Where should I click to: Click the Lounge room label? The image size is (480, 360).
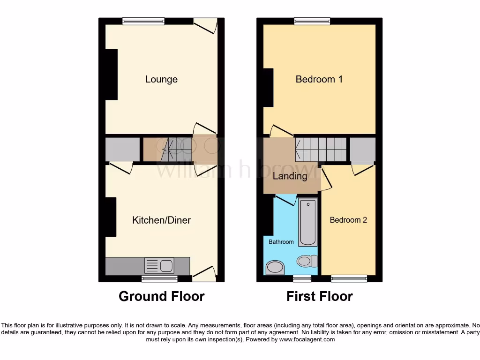point(161,79)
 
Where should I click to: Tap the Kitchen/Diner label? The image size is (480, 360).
point(161,220)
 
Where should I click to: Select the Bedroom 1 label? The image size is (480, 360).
point(319,79)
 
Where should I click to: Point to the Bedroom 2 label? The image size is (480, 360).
point(348,220)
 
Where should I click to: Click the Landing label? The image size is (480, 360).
point(290,176)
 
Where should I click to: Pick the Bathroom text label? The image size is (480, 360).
point(281,242)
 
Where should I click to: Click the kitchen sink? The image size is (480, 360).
point(159,266)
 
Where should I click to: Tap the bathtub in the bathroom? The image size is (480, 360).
point(308,222)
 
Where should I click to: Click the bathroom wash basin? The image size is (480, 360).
point(275,268)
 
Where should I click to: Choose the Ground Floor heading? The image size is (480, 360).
point(161,296)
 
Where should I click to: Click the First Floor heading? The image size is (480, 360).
point(319,296)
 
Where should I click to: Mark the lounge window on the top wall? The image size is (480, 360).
point(143,21)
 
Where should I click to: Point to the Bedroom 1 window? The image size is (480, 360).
point(312,21)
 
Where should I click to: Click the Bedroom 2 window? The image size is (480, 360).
point(349,278)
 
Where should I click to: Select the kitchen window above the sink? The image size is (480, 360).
point(160,278)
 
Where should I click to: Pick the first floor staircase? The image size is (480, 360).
point(321,149)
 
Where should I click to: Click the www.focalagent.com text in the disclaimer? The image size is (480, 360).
point(307,339)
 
